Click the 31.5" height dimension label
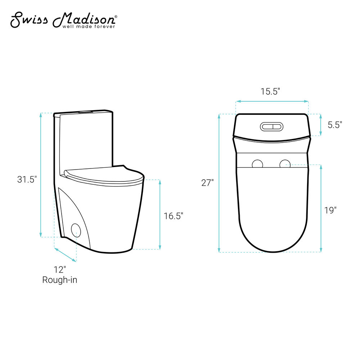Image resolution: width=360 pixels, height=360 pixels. tap(27, 179)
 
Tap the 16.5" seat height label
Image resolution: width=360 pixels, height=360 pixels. tap(174, 216)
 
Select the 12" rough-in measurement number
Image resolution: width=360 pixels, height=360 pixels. tap(60, 270)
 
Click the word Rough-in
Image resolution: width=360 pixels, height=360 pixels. tap(60, 280)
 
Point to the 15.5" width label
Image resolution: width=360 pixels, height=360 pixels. tap(270, 91)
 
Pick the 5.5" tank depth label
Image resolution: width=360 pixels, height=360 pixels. tap(335, 125)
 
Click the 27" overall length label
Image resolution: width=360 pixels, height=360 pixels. tap(207, 183)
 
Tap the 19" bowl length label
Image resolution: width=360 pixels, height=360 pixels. tap(330, 210)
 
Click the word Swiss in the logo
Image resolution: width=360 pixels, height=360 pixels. tap(29, 20)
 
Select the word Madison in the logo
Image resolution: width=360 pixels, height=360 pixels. tap(84, 20)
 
